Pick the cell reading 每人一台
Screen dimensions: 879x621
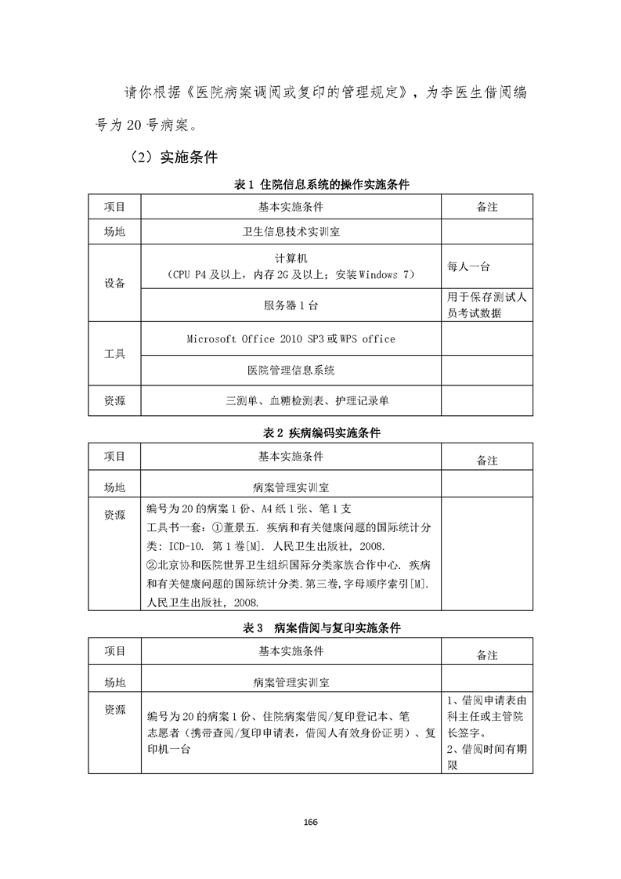click(469, 266)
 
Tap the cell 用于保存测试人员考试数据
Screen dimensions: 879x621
click(486, 306)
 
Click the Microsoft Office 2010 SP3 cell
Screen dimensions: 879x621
click(291, 339)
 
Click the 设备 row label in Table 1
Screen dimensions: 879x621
click(114, 284)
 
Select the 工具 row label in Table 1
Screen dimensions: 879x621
click(114, 354)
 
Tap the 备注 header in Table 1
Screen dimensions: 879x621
click(487, 208)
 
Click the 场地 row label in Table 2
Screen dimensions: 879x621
click(114, 487)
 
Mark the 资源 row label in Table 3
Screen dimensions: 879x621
click(114, 710)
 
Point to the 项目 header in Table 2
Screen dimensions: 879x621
click(114, 456)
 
